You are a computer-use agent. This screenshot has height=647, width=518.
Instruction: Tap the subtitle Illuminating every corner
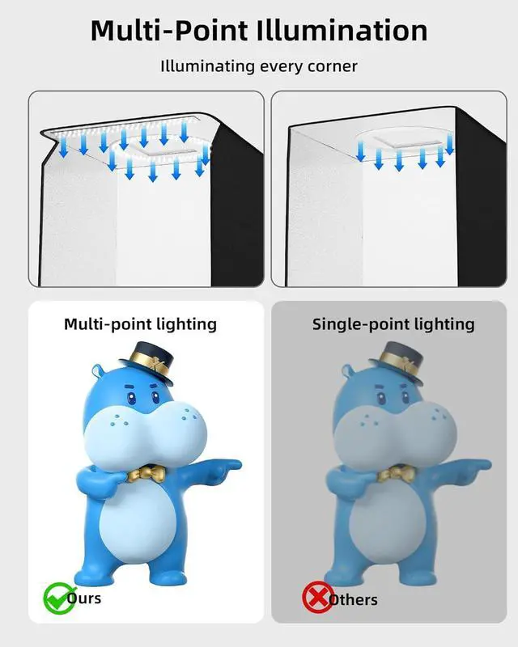coord(259,66)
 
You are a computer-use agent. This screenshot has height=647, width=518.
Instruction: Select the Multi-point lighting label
coord(140,324)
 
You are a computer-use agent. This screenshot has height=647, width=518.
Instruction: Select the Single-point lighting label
coord(393,324)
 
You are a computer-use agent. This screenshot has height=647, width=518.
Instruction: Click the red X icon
coord(316,598)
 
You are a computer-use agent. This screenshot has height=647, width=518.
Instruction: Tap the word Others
coord(353,599)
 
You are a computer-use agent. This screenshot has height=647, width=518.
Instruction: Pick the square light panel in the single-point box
coord(402,144)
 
